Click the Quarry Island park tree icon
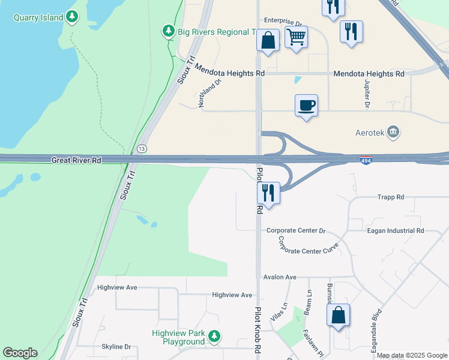pos(72,17)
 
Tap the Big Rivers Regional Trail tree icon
pos(168,31)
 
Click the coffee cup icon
pos(306,106)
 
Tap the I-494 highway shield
pos(366,161)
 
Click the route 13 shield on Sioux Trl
pos(142,148)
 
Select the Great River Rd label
pos(77,160)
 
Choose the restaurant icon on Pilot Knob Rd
pos(268,193)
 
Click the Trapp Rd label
pos(391,197)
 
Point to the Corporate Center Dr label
pos(296,230)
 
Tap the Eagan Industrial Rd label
pos(395,230)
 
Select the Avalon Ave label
pos(280,277)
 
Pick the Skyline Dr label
pos(116,347)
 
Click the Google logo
pos(20,353)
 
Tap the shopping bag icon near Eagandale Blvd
pos(339,315)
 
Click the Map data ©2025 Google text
pos(411,355)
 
